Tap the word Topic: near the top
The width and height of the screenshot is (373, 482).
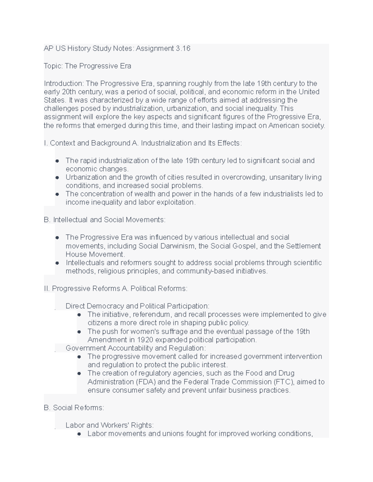53,66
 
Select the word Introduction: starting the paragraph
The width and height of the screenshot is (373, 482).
64,83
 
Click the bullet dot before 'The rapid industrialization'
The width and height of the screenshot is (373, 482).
57,161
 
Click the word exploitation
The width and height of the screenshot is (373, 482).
177,202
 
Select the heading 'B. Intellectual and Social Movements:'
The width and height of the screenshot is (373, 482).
105,220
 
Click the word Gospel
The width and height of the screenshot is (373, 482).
245,246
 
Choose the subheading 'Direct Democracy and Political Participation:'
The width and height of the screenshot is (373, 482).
137,306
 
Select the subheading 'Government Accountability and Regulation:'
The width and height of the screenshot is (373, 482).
136,348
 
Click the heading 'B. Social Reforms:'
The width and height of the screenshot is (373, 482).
74,408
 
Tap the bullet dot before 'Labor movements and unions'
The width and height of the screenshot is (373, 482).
79,434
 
